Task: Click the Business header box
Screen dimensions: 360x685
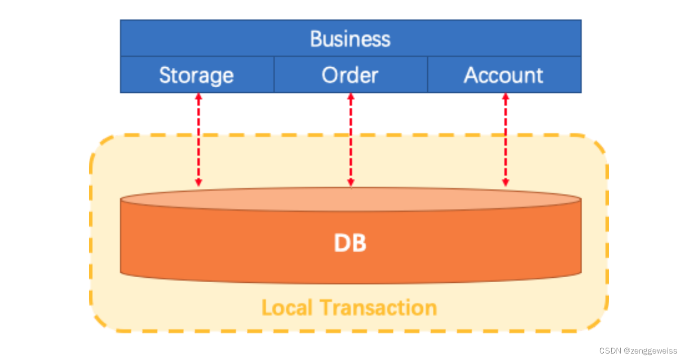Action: tap(350, 38)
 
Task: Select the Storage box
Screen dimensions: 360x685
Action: tap(197, 75)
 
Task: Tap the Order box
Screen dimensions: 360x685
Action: tap(350, 75)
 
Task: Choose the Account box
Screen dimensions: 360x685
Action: tap(504, 75)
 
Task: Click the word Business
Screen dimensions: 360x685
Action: tap(350, 38)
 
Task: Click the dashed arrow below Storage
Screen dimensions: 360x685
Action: tap(198, 140)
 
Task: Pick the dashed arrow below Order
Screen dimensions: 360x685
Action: tap(350, 140)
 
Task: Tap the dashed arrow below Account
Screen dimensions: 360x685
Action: tap(506, 140)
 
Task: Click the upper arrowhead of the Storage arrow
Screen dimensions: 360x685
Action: tap(198, 97)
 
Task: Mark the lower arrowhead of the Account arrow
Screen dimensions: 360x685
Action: tap(506, 183)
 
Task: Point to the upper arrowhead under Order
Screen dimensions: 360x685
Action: tap(350, 97)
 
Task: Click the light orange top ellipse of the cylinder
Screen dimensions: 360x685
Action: tap(350, 200)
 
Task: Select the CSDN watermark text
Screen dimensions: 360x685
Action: tap(609, 351)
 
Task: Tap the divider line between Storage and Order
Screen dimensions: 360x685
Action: tap(274, 75)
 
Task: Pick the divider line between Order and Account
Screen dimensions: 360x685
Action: tap(427, 75)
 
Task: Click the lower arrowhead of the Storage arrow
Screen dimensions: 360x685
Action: tap(198, 183)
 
